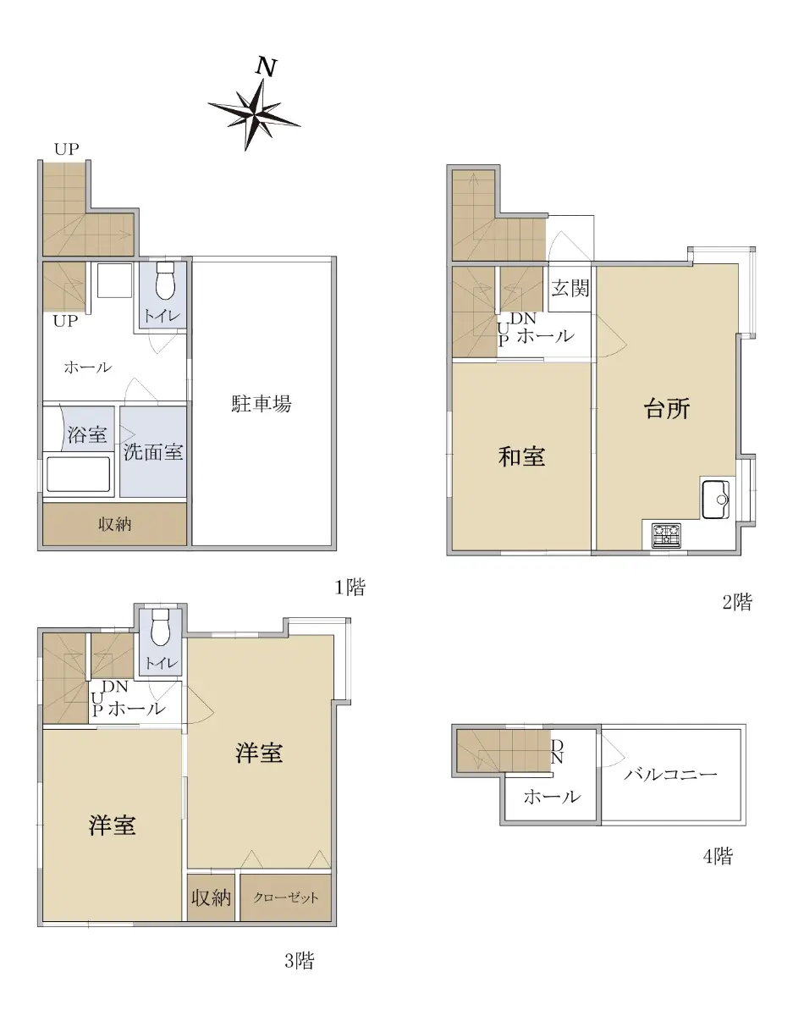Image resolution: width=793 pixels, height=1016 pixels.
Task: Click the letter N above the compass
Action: pos(266,67)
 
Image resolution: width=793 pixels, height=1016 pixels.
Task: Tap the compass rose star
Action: pos(254,114)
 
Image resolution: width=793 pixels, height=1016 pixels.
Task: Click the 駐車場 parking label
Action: pos(262,404)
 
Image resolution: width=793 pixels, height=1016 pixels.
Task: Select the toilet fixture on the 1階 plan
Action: pos(164,280)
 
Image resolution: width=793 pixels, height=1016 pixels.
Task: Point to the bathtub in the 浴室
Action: pos(78,474)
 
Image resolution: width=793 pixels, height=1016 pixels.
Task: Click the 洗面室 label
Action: pos(153,451)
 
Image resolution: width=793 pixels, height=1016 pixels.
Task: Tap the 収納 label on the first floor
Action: pos(114,524)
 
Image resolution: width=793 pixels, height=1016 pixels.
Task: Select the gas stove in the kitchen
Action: pos(667,535)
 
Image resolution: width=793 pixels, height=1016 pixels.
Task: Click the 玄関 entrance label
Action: pos(570,288)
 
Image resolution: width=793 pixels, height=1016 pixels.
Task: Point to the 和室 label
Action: pos(521,456)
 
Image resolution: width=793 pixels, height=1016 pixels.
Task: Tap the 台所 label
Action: pos(667,409)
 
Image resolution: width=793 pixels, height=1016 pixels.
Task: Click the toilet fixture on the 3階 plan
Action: pos(160,627)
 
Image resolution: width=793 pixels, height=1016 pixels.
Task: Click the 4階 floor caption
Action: pos(718,856)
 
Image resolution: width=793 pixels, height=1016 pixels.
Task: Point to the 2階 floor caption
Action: pos(737,602)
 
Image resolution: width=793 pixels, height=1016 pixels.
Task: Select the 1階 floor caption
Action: pos(350,587)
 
